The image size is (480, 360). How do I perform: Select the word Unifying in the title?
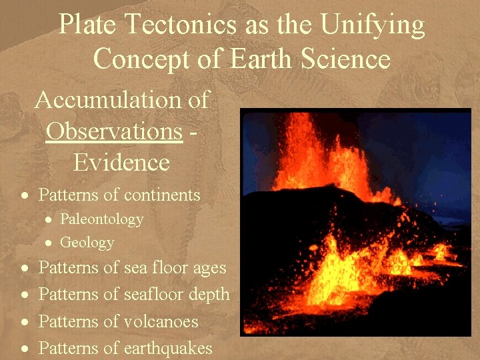coord(372,25)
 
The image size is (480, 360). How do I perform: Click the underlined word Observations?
coord(114,131)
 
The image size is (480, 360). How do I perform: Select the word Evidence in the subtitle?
coord(121,162)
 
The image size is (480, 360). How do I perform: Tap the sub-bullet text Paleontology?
coord(101,219)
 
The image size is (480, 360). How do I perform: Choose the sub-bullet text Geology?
coord(87,243)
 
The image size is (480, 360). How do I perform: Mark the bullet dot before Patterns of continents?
coord(24,196)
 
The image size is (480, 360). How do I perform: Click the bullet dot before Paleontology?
coord(49,220)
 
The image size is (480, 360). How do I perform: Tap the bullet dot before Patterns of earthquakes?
coord(24,349)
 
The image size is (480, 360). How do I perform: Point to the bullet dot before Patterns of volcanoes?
coord(24,322)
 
